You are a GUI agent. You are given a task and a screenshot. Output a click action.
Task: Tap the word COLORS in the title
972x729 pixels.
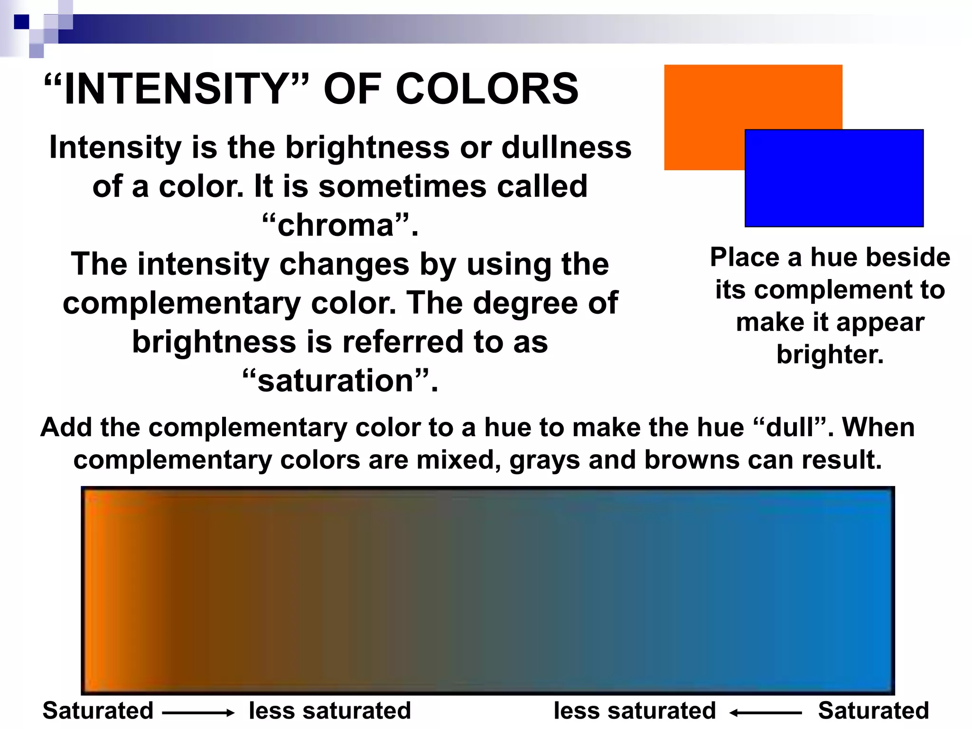click(487, 89)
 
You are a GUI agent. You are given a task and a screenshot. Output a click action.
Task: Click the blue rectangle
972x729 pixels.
click(834, 178)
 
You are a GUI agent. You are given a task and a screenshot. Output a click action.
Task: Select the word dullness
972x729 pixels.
click(567, 147)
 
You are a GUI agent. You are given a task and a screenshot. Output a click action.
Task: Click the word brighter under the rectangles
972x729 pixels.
click(830, 355)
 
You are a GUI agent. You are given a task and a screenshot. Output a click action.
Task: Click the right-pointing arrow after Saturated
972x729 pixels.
click(198, 712)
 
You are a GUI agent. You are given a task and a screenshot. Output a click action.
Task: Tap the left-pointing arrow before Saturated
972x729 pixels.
click(766, 712)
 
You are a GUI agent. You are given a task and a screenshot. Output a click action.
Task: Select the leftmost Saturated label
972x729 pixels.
click(98, 710)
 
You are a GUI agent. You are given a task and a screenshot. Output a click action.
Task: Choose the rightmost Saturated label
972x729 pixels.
click(873, 710)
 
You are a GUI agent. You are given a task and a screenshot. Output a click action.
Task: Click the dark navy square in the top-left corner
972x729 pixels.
click(21, 22)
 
